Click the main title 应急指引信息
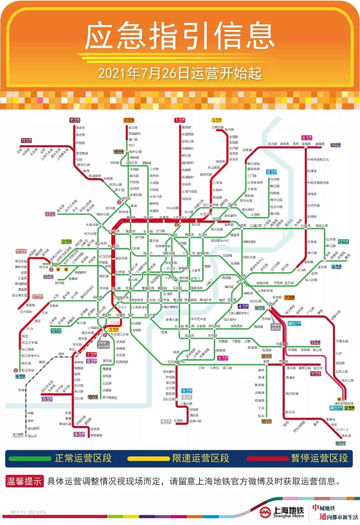pos(180,36)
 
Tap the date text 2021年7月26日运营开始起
pos(180,73)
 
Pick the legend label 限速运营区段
pos(201,458)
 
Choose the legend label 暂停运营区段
pos(319,458)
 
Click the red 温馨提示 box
pos(23,481)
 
